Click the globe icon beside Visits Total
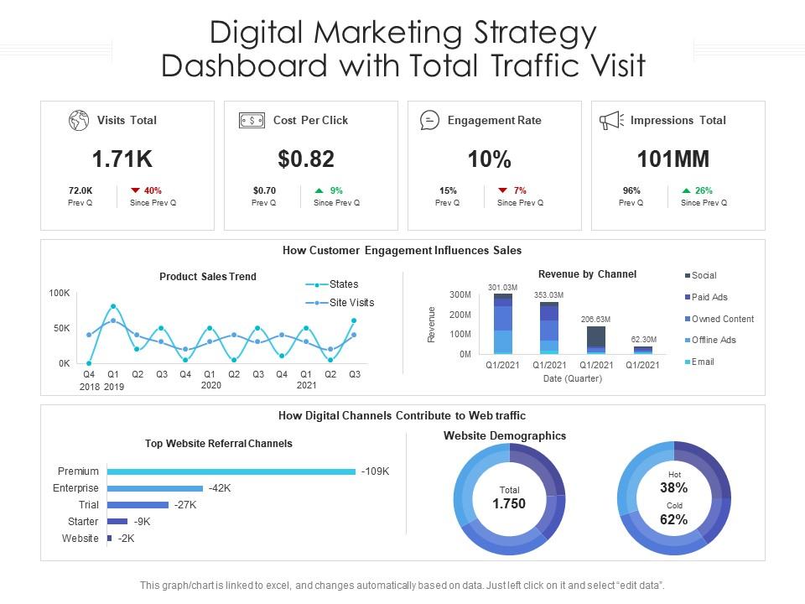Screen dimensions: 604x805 79,120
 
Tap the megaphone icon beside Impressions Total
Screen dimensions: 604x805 611,120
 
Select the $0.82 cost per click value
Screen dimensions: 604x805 307,159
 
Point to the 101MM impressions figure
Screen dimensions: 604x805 673,159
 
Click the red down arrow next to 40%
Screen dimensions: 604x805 134,190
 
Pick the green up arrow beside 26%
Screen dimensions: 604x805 686,190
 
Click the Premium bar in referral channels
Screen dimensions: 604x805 231,471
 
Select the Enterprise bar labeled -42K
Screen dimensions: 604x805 155,488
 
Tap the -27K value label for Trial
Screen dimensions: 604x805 185,505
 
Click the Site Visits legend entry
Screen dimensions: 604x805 351,303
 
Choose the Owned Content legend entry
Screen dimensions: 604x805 722,319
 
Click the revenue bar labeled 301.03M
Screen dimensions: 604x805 503,323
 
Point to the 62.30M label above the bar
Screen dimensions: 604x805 644,339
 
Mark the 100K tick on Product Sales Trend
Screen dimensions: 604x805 60,294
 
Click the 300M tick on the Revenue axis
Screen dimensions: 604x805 460,295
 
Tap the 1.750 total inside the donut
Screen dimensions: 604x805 509,504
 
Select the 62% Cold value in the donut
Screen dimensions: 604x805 673,519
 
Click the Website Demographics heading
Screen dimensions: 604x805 505,436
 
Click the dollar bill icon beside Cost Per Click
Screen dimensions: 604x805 252,120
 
